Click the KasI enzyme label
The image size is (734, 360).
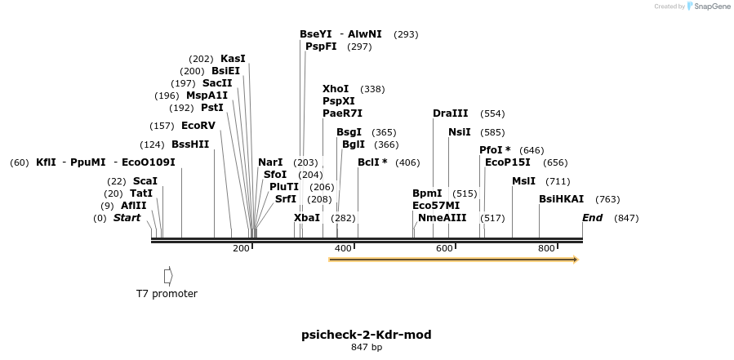233,59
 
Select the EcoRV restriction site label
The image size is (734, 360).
198,126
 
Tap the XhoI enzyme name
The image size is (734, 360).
336,89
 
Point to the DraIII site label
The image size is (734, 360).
451,113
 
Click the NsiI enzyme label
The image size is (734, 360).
460,132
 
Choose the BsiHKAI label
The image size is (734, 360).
562,199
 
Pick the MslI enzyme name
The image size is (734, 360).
523,181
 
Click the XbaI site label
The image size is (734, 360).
307,218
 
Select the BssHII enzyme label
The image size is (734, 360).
190,144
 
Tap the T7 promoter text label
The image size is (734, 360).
167,294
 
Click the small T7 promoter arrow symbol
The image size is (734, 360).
168,275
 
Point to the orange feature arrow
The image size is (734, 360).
453,260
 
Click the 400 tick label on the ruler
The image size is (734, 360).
343,248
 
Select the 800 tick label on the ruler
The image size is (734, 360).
547,248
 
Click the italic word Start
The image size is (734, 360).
127,218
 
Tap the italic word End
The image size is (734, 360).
592,218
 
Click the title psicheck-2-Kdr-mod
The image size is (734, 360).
366,335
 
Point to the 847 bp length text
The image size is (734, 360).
366,348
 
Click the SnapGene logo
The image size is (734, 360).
708,7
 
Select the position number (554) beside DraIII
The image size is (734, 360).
492,113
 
